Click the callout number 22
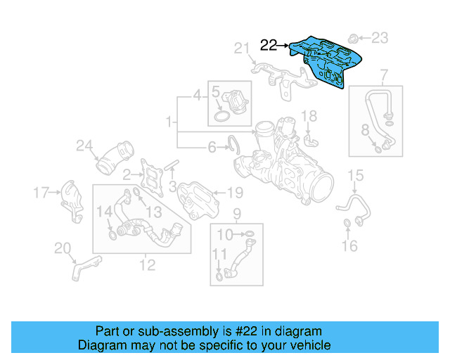[x=268, y=46]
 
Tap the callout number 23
[x=379, y=37]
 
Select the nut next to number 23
[x=356, y=36]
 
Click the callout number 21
[x=243, y=48]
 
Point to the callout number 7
[x=384, y=75]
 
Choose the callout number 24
[x=84, y=146]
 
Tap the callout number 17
[x=41, y=191]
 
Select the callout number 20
[x=63, y=247]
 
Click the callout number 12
[x=147, y=264]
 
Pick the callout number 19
[x=235, y=191]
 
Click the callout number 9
[x=236, y=214]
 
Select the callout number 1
[x=169, y=124]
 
